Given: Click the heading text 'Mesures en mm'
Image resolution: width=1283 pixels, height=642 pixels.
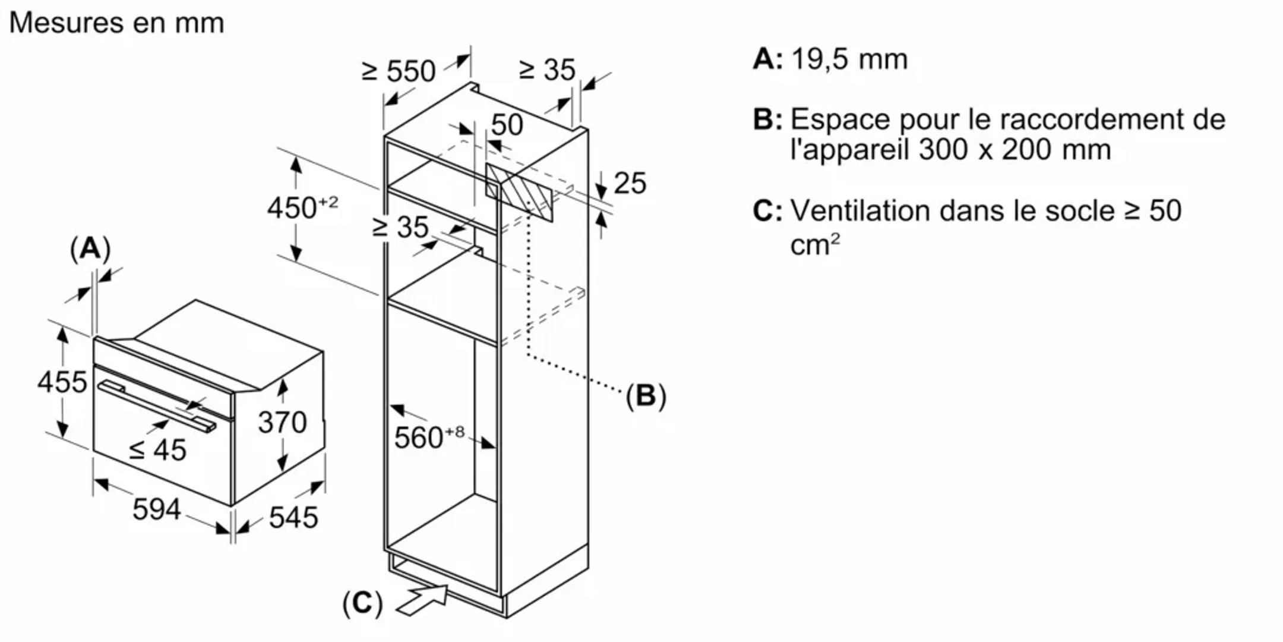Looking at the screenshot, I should coord(116,23).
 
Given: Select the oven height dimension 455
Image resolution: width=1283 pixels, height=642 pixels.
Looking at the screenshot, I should coord(62,382).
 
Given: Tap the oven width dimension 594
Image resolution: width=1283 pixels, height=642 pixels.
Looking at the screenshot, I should coord(156,509).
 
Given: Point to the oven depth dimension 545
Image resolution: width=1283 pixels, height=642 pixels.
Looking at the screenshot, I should coord(293,517).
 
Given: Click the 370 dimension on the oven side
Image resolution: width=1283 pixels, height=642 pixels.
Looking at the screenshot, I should coord(282,423).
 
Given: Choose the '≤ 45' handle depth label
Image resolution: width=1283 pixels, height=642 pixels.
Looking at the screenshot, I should coord(158,450).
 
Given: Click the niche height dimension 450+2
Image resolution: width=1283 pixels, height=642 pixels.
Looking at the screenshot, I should coord(302,208).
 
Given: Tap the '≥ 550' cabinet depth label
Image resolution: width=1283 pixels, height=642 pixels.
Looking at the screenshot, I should coord(399,71).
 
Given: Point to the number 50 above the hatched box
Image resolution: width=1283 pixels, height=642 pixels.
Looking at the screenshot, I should coord(507,125).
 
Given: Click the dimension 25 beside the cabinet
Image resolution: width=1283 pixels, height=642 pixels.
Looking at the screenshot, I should coord(630,183).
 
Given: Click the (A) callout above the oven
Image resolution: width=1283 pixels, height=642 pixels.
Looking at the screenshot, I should coord(90,248).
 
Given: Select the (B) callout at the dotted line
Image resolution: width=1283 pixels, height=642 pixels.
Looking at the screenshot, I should coord(646,396).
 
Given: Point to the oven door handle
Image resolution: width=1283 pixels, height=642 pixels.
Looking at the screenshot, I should coord(157,407).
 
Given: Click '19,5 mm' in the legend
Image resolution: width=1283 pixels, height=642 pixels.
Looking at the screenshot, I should coord(849,59).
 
